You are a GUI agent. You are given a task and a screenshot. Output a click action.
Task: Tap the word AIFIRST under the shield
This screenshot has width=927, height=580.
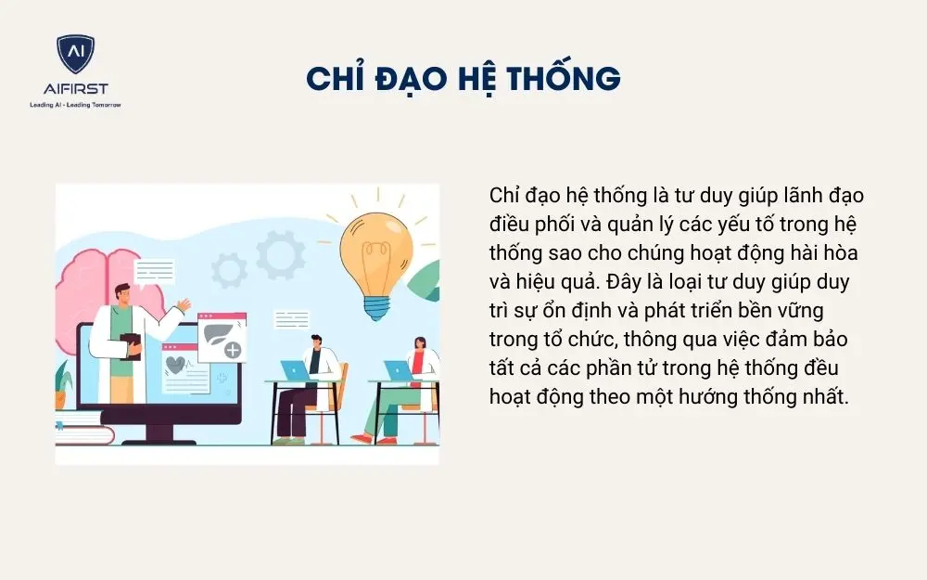pos(75,89)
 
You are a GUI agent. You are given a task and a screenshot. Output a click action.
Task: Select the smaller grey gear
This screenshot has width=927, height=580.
pos(228,270)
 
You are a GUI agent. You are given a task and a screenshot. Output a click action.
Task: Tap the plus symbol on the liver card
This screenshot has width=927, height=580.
pos(232,350)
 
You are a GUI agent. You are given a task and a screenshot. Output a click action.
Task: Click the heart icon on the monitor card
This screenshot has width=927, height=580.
pos(176,365)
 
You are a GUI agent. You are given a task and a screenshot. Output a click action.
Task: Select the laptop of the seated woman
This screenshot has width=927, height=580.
pos(399,370)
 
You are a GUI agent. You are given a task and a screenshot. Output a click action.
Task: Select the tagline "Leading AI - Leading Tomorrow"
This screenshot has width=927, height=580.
pos(75,105)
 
